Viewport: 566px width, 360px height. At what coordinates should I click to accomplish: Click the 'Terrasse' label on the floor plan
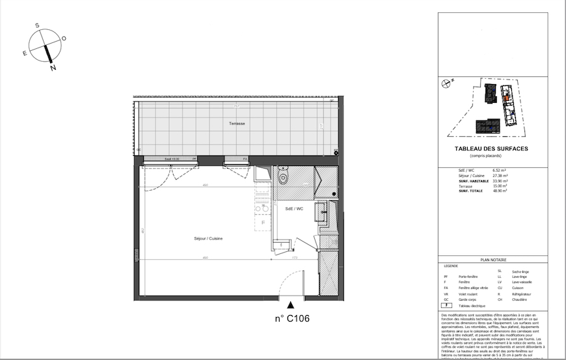236,124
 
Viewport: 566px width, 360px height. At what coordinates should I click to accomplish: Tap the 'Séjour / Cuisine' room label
208,239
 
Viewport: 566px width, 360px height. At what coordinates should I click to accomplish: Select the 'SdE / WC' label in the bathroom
295,209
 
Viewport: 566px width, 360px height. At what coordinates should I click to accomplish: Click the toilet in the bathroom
283,177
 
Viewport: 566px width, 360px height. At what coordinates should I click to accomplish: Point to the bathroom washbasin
322,212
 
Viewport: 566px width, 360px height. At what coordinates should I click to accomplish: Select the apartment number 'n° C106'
291,319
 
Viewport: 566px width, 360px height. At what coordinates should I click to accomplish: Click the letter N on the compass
53,68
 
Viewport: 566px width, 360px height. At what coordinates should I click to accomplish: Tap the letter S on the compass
38,25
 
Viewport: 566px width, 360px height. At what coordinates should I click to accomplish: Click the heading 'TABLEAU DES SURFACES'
491,149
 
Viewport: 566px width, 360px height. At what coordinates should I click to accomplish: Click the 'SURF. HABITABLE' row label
472,180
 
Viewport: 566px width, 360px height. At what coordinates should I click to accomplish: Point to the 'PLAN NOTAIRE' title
493,260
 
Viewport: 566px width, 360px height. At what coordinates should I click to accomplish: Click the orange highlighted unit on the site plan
502,100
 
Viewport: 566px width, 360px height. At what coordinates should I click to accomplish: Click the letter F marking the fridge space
263,223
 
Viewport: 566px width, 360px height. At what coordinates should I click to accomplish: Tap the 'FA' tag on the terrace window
245,159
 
